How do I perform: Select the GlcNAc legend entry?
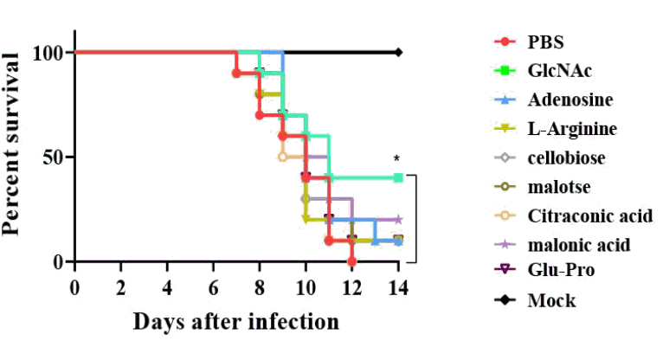(559, 69)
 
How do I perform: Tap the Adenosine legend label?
(570, 99)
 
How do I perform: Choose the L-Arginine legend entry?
(572, 128)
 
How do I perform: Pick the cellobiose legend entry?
(567, 157)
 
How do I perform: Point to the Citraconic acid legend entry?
(590, 215)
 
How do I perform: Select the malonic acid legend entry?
(579, 244)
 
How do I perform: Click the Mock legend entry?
(551, 301)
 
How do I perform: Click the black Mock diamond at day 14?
(398, 52)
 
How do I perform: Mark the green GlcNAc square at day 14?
(398, 177)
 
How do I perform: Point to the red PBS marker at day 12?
(351, 260)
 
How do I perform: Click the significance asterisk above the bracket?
(396, 159)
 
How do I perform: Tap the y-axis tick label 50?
(51, 157)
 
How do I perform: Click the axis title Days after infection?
(235, 322)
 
